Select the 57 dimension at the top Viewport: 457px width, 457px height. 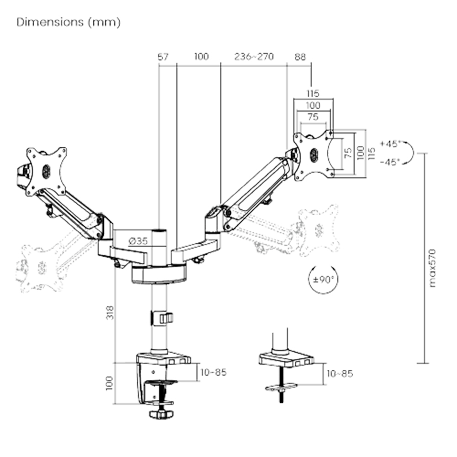point(163,57)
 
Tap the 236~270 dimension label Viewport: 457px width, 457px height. point(254,57)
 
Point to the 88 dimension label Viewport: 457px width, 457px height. point(300,57)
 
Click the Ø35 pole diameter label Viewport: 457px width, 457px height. point(138,241)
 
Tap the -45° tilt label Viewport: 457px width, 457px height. point(390,161)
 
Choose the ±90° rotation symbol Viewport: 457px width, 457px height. point(324,278)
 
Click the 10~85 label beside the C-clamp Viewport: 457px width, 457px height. point(213,372)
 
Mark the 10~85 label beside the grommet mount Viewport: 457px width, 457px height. point(340,373)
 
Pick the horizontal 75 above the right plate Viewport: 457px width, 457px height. point(313,117)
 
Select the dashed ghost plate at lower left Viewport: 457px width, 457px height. point(39,267)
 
